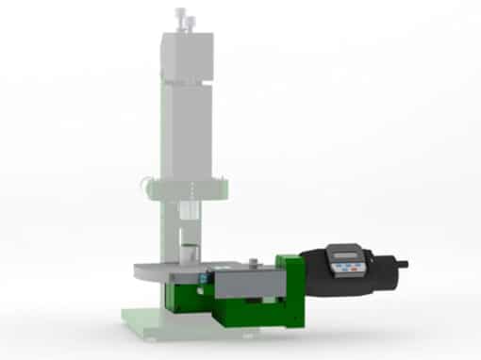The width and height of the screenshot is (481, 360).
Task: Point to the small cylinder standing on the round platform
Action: coord(190,252)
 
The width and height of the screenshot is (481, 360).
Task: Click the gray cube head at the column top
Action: coord(189,57)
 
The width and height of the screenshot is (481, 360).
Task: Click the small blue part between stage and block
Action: coord(205,279)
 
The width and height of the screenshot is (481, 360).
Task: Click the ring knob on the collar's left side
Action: coord(145,186)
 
